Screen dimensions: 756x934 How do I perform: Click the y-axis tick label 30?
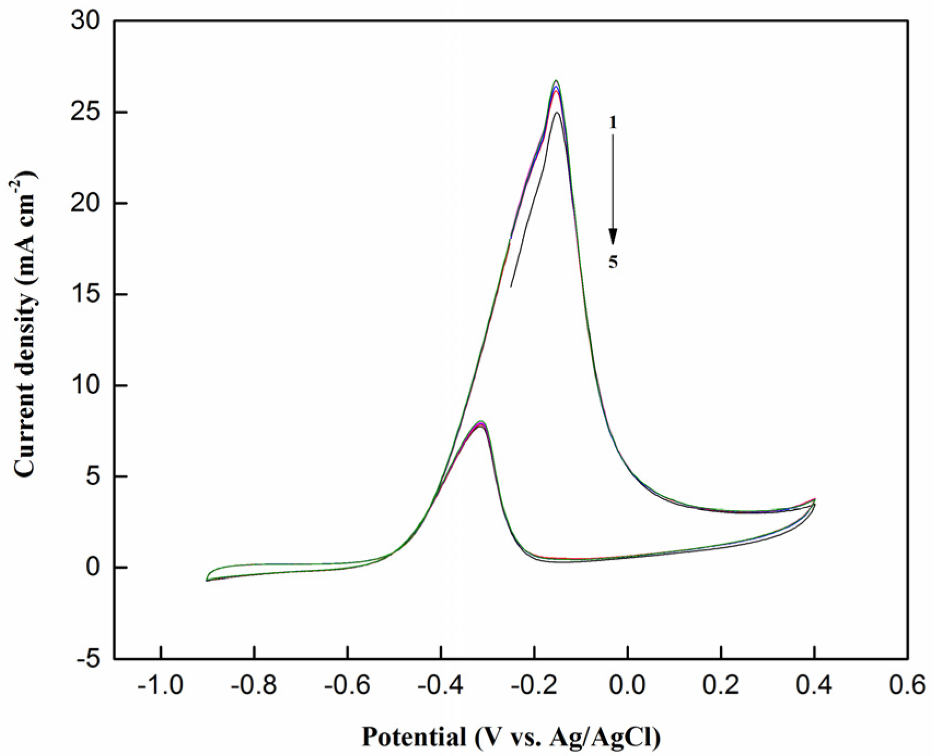86,21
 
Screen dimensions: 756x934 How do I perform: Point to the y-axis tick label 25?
86,113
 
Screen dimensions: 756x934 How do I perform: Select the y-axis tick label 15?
86,295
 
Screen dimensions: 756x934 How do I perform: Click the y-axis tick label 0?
94,568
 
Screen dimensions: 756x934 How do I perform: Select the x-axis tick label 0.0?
627,685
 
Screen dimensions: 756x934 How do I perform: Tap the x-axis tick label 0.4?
814,685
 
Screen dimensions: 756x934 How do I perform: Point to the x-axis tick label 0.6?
908,685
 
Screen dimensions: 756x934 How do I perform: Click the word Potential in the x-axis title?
413,737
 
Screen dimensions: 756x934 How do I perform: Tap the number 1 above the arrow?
613,123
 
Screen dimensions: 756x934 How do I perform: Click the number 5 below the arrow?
613,262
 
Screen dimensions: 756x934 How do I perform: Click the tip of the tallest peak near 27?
556,81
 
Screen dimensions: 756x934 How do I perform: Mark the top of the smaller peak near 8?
481,421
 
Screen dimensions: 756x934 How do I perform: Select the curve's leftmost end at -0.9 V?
207,580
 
